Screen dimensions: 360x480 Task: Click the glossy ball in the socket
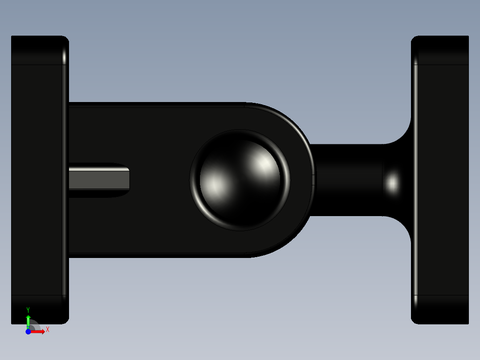click(x=240, y=180)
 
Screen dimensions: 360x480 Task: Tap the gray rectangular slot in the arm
click(x=99, y=180)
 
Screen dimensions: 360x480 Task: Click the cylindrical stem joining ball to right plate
click(x=347, y=180)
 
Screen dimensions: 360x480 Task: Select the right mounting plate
click(x=441, y=180)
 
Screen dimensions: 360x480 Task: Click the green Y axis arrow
click(x=28, y=320)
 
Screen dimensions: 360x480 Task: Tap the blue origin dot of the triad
click(x=28, y=331)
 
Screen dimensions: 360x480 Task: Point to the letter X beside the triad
click(x=48, y=330)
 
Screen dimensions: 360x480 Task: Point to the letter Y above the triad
click(x=28, y=310)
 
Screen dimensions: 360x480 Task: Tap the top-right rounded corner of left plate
click(x=65, y=40)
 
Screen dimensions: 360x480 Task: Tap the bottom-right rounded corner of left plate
click(x=65, y=320)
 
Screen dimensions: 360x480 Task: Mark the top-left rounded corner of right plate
click(x=415, y=40)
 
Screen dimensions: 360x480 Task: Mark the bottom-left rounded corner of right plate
click(x=415, y=320)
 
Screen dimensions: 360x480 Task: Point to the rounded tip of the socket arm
click(x=307, y=180)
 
